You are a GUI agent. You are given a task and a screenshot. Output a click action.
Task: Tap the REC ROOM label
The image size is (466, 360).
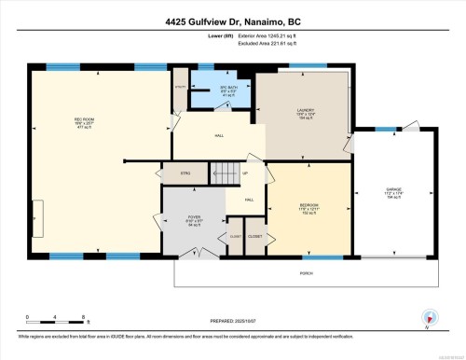coord(84,121)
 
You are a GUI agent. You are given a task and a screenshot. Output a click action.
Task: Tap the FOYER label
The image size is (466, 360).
coord(195,218)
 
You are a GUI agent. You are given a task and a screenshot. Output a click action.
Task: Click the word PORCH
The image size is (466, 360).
coord(306,272)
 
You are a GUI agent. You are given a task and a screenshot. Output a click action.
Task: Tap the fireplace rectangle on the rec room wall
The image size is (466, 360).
coord(37,211)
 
